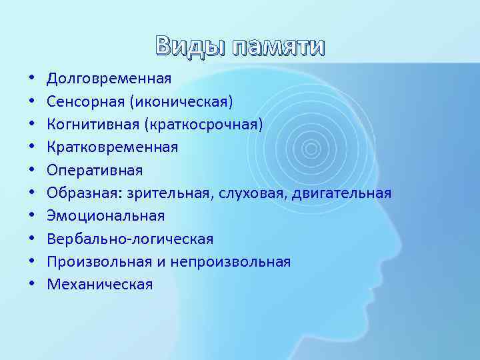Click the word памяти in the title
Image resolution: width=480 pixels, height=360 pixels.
pyautogui.click(x=273, y=47)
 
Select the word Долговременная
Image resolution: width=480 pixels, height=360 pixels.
pyautogui.click(x=109, y=79)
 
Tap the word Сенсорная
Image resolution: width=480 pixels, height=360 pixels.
pyautogui.click(x=85, y=101)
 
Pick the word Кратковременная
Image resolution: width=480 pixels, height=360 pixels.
pyautogui.click(x=112, y=147)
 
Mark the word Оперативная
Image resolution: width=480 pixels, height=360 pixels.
pyautogui.click(x=94, y=170)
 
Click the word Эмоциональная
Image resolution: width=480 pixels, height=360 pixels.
pyautogui.click(x=105, y=216)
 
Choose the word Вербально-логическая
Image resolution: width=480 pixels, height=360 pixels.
pyautogui.click(x=130, y=239)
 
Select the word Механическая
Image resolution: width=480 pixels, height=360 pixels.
pyautogui.click(x=99, y=285)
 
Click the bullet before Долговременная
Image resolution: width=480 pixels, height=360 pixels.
pyautogui.click(x=32, y=79)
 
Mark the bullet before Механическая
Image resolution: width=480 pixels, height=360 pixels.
pyautogui.click(x=32, y=285)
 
